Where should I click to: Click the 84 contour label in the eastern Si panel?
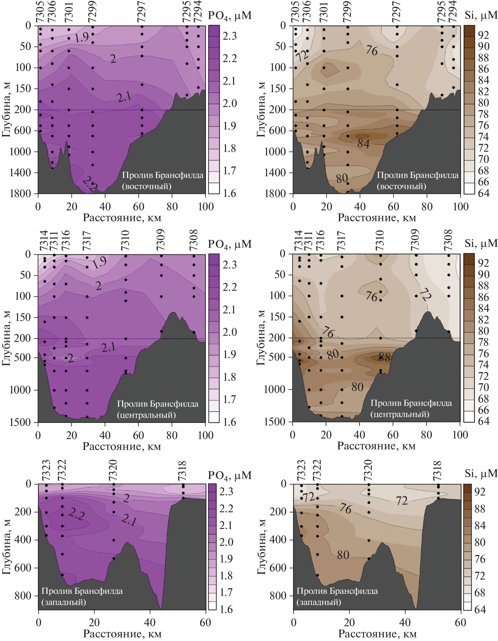coord(363,144)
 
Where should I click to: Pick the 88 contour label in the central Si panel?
coord(384,357)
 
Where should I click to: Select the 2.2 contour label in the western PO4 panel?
coord(76,514)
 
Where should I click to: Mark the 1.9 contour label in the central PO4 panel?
coord(99,262)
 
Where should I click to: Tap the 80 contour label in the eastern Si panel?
coord(342,178)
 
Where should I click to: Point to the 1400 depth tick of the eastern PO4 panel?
coord(20,173)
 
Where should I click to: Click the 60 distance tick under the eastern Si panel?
coord(393,207)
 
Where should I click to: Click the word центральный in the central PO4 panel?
coord(146,415)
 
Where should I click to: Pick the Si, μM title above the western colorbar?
coord(481,473)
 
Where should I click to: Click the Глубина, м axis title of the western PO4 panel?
coord(6,547)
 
